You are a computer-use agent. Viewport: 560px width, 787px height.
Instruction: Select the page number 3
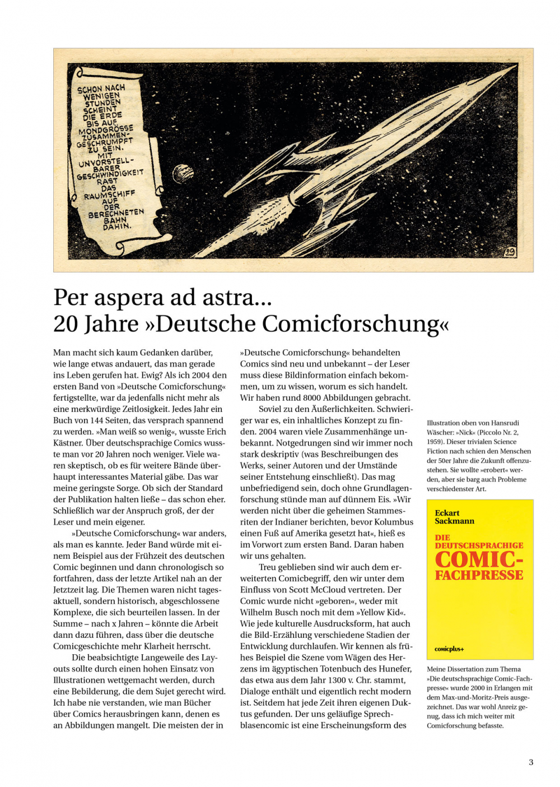[x=531, y=762]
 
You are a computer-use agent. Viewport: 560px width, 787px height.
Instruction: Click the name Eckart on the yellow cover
[x=447, y=513]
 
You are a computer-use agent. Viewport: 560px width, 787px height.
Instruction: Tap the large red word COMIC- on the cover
[x=479, y=560]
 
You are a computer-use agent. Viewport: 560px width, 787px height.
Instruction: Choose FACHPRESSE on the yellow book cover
[x=479, y=576]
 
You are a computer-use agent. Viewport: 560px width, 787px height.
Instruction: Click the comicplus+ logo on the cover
[x=449, y=649]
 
